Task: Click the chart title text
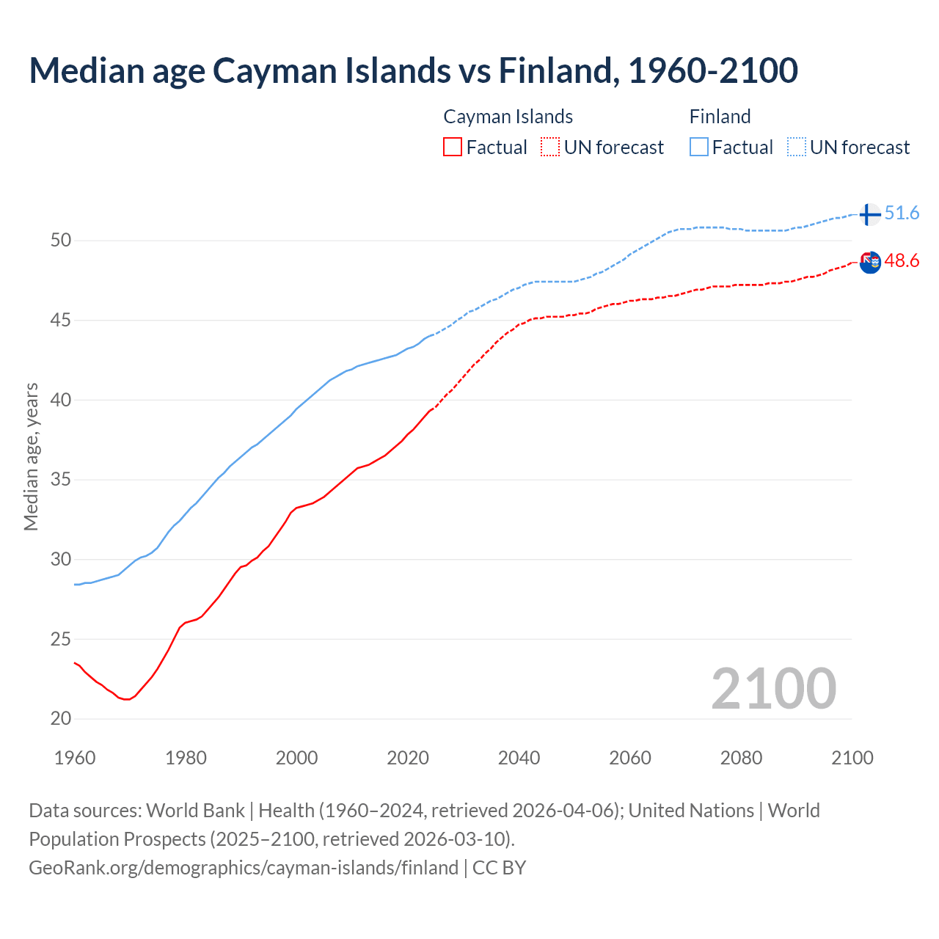[413, 70]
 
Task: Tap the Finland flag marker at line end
[869, 214]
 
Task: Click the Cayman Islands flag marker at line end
[870, 262]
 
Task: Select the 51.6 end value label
[902, 213]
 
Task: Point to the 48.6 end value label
[902, 261]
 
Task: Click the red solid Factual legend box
[453, 147]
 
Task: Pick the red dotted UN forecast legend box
[550, 147]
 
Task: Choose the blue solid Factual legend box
[699, 147]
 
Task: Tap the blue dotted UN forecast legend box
[797, 147]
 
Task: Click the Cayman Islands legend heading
[508, 117]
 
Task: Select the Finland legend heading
[720, 117]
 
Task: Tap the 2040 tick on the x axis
[519, 758]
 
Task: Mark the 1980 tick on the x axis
[186, 758]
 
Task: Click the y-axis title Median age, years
[31, 456]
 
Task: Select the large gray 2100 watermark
[773, 688]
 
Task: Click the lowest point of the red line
[127, 699]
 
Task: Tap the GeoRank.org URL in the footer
[243, 868]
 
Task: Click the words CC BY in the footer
[499, 868]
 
